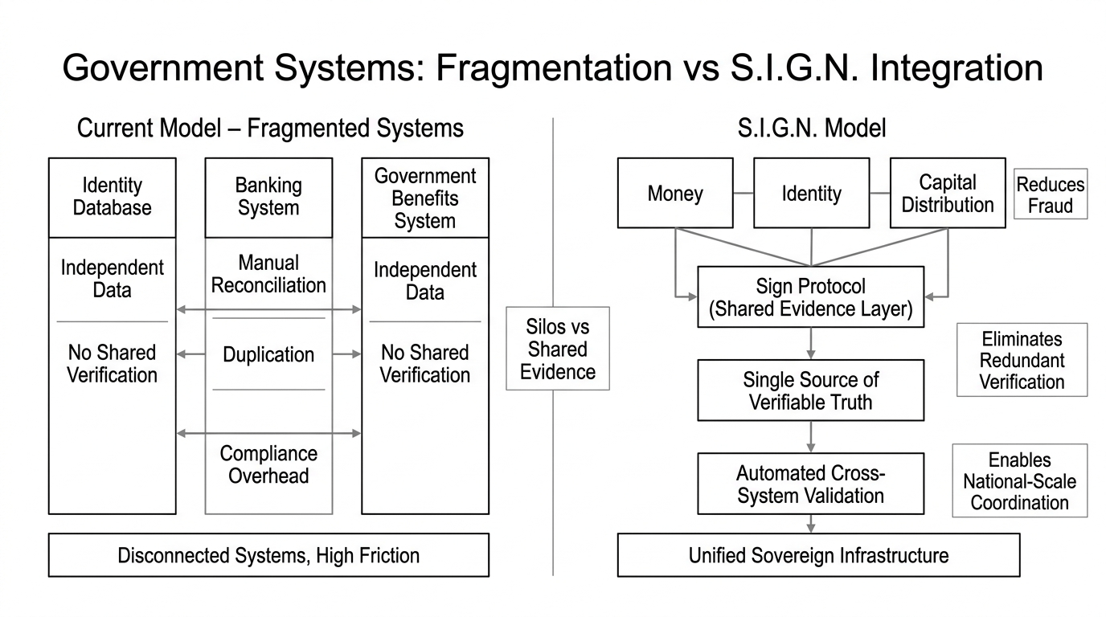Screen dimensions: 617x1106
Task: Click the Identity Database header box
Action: (112, 198)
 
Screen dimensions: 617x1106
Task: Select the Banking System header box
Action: (268, 198)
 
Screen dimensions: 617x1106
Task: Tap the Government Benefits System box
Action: (425, 198)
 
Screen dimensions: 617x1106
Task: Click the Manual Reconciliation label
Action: (268, 274)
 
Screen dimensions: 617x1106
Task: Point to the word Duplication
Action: (268, 354)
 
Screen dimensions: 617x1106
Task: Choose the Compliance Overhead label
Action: (268, 464)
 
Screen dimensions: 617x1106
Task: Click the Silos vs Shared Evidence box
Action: (557, 349)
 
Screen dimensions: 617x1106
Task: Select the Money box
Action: (675, 193)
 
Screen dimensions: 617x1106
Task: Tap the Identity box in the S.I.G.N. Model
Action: (811, 193)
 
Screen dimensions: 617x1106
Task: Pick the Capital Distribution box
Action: (948, 193)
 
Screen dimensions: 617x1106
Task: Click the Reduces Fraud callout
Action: (1050, 194)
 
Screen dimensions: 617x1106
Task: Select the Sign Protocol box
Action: (810, 298)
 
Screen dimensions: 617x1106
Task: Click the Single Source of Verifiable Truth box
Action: (810, 390)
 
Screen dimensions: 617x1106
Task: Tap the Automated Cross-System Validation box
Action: (810, 484)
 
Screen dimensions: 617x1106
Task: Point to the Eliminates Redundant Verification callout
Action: (1022, 360)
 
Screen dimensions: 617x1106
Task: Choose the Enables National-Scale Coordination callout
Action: (1019, 480)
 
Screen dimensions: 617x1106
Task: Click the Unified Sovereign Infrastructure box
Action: (818, 555)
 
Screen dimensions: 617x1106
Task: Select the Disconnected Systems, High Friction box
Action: (268, 555)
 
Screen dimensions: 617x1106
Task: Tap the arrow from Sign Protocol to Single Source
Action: (810, 343)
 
